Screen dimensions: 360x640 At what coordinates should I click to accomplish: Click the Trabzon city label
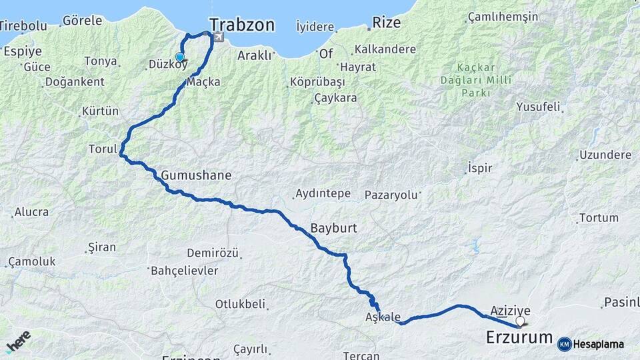click(241, 25)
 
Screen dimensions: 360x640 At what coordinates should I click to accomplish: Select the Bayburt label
click(333, 228)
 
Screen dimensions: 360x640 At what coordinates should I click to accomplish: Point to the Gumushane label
click(196, 176)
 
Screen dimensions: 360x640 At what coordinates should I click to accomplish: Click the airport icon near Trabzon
click(217, 39)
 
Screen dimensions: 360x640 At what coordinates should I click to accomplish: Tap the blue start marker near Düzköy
click(179, 57)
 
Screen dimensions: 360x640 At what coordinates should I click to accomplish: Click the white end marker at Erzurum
click(520, 321)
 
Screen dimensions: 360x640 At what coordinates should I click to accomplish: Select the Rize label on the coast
click(387, 23)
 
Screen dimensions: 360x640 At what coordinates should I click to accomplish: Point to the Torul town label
click(103, 149)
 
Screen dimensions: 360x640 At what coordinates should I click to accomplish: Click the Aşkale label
click(383, 317)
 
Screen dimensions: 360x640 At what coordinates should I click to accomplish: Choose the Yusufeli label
click(539, 107)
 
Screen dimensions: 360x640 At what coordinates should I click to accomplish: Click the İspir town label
click(480, 167)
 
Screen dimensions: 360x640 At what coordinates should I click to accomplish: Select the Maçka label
click(204, 82)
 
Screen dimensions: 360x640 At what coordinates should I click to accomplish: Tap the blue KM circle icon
click(564, 344)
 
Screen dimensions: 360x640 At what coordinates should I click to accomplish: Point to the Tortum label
click(599, 218)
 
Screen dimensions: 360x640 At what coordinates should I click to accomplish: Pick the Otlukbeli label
click(240, 304)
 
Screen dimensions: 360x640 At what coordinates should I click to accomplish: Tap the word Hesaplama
click(599, 345)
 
